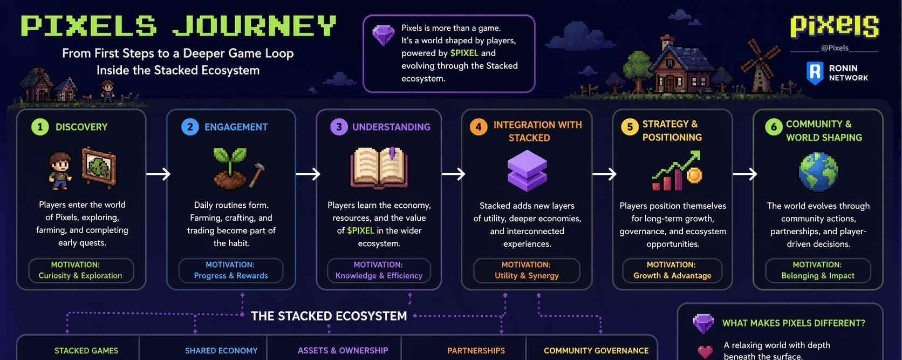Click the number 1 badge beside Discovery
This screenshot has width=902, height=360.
tap(40, 127)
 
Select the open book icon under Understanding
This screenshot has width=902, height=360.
tap(379, 168)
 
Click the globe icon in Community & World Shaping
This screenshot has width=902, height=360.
tap(818, 172)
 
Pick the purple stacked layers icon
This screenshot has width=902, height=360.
tap(527, 171)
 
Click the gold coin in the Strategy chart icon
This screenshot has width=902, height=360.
tap(694, 175)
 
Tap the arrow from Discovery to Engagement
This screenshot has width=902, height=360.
tap(158, 174)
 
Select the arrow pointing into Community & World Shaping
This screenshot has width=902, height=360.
tap(744, 174)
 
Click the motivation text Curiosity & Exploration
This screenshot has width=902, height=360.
tap(80, 276)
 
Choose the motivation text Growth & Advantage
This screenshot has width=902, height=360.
tap(672, 276)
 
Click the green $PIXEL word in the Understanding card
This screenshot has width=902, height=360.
tap(360, 230)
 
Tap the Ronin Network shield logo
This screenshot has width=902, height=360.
tap(815, 72)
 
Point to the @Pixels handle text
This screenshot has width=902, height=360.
tap(835, 47)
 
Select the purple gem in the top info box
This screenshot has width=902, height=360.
tap(384, 36)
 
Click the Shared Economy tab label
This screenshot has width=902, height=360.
tap(221, 351)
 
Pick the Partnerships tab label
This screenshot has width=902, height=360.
tap(476, 351)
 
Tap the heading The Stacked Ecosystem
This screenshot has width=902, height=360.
tap(329, 316)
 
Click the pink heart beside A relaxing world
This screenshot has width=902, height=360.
tap(705, 351)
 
